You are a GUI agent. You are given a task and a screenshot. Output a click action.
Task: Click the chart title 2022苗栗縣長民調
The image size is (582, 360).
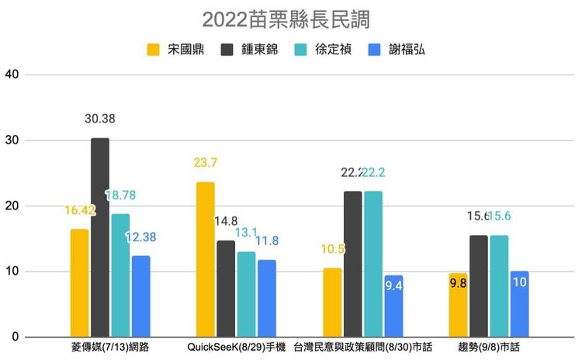click(x=290, y=17)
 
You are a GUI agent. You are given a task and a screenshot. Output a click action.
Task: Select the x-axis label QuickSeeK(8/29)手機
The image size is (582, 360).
click(x=236, y=346)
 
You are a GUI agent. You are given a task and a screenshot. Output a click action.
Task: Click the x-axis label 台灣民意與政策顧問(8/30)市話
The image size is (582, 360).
click(x=362, y=346)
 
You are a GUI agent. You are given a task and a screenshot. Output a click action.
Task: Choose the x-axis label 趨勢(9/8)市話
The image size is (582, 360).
click(x=489, y=346)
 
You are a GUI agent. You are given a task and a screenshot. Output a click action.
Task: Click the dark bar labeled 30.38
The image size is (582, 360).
click(x=100, y=237)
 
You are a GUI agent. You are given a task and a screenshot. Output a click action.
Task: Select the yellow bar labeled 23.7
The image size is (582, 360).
click(x=206, y=259)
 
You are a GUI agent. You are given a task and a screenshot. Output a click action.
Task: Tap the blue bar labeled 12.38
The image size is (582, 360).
click(x=141, y=296)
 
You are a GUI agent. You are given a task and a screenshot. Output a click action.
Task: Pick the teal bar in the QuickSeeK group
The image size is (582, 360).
click(x=247, y=294)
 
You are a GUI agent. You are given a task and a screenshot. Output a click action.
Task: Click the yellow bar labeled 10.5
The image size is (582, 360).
click(x=332, y=303)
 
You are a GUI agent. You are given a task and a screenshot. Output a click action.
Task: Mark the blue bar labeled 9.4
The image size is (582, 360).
click(x=394, y=306)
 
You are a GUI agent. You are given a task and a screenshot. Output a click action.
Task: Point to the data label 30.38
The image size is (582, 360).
click(x=101, y=119)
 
